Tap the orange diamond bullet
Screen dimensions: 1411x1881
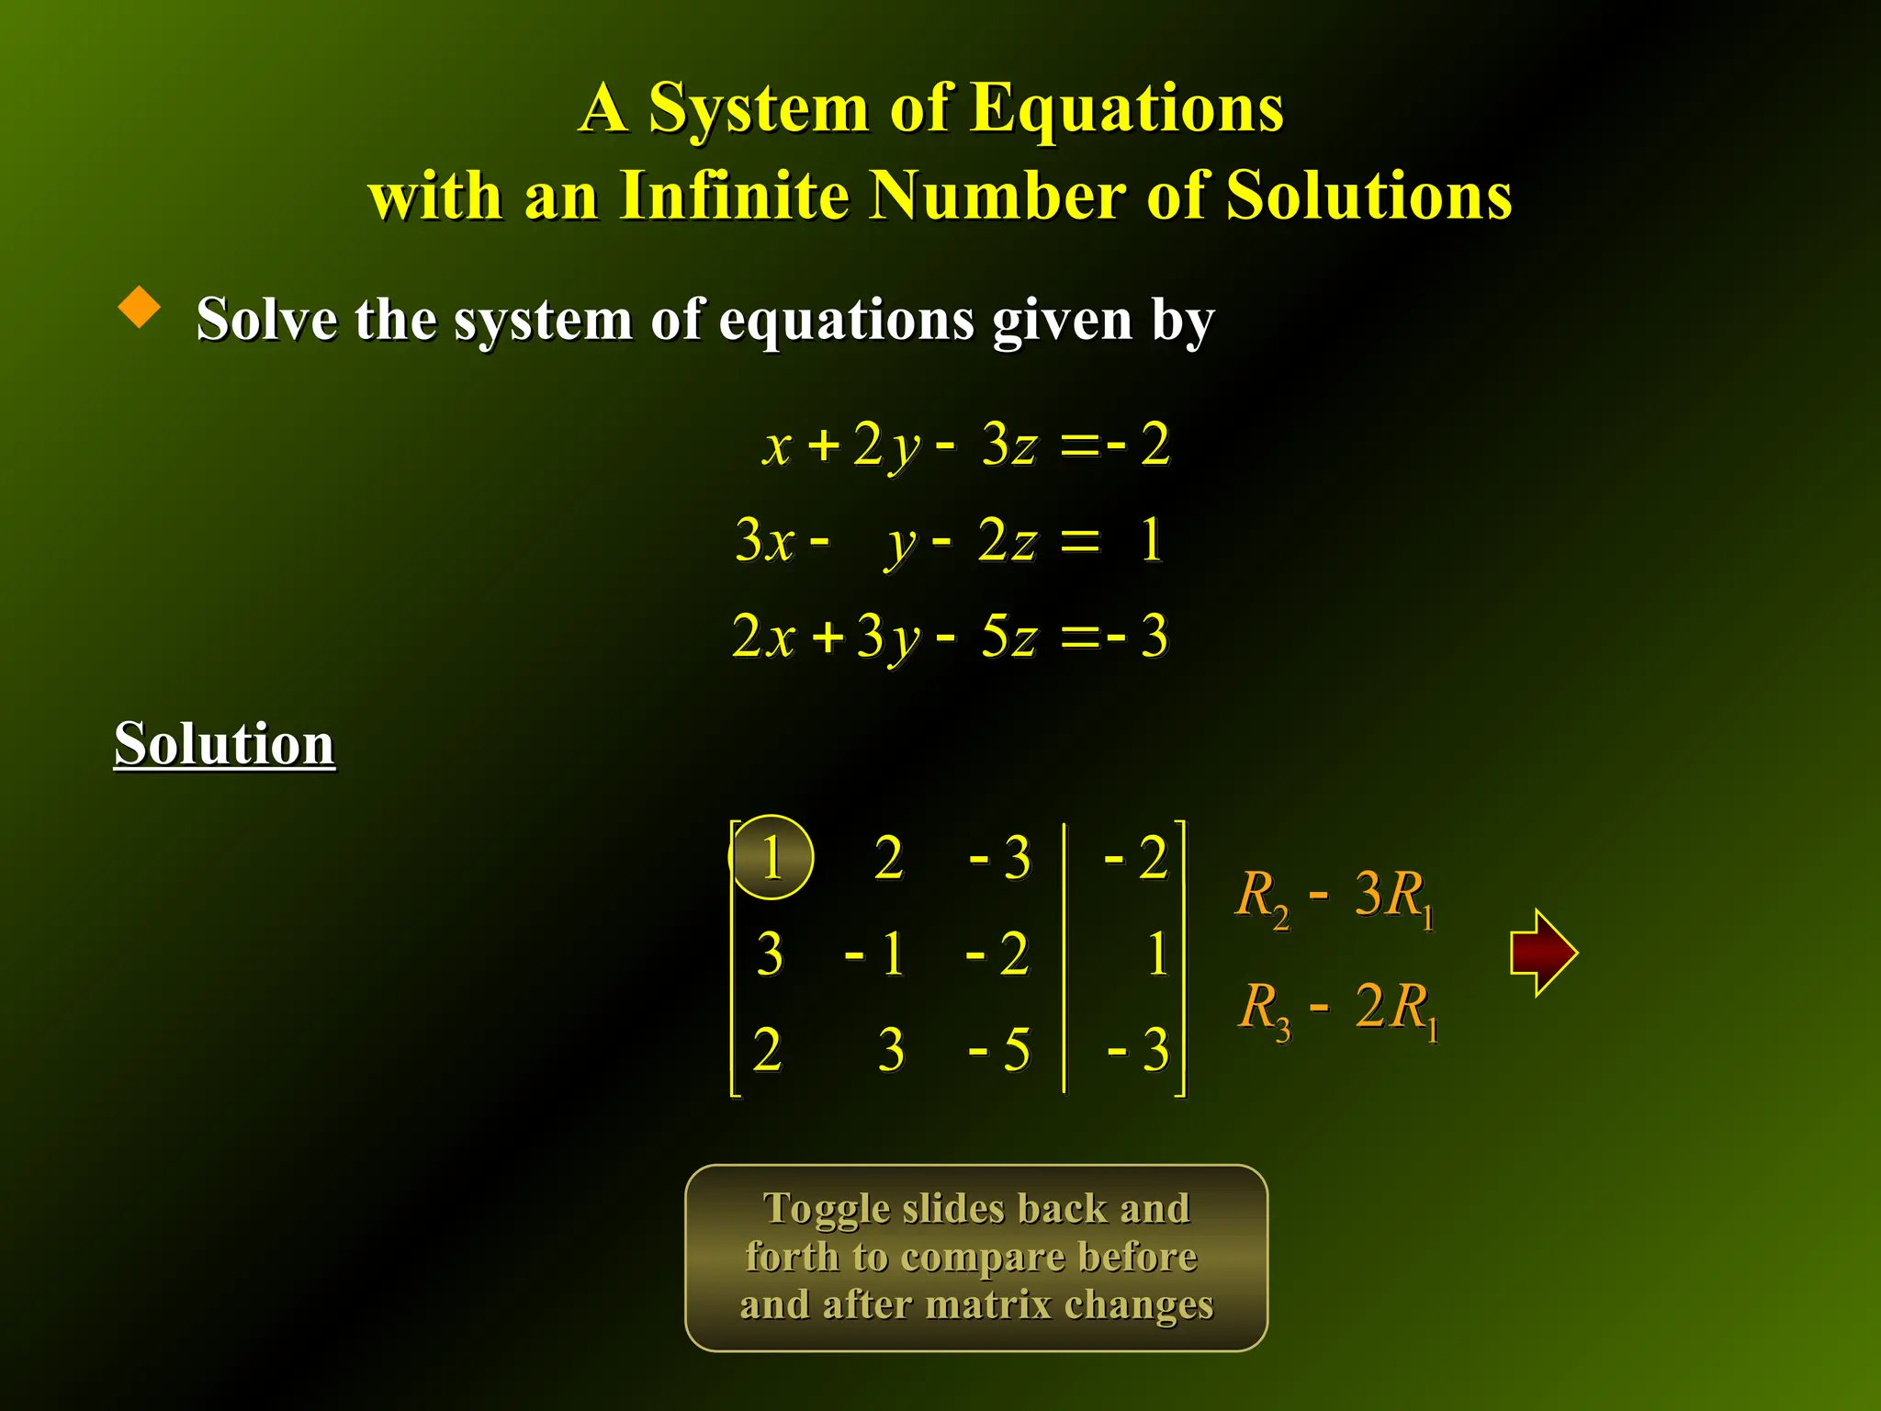140,307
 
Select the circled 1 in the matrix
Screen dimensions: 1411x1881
772,857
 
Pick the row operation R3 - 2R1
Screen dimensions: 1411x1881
1337,1009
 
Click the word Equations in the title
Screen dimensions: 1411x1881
1126,108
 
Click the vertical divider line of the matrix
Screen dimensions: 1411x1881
1064,957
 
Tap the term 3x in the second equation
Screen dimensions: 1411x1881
764,539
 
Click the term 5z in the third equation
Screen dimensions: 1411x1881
1008,635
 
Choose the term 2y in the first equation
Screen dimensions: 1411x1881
885,445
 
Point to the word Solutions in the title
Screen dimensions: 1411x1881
1369,196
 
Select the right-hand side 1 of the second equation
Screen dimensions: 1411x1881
1151,539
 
